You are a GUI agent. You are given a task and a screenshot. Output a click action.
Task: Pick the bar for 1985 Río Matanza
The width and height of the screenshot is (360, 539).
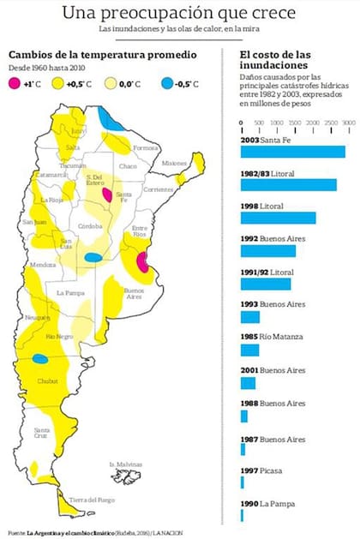point(249,350)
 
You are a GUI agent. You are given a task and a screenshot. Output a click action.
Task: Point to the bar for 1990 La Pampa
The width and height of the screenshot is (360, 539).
point(243,517)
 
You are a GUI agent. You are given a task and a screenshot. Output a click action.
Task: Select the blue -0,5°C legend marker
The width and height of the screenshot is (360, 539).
point(166,82)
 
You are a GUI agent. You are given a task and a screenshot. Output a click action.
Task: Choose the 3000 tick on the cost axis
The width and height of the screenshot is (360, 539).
point(348,124)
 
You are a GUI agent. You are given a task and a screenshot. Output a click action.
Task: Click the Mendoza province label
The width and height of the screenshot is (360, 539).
point(43,265)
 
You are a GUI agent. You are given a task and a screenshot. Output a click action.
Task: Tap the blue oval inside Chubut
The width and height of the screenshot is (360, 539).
point(40,359)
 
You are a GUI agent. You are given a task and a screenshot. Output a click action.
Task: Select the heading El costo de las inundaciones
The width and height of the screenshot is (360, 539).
point(273,62)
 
